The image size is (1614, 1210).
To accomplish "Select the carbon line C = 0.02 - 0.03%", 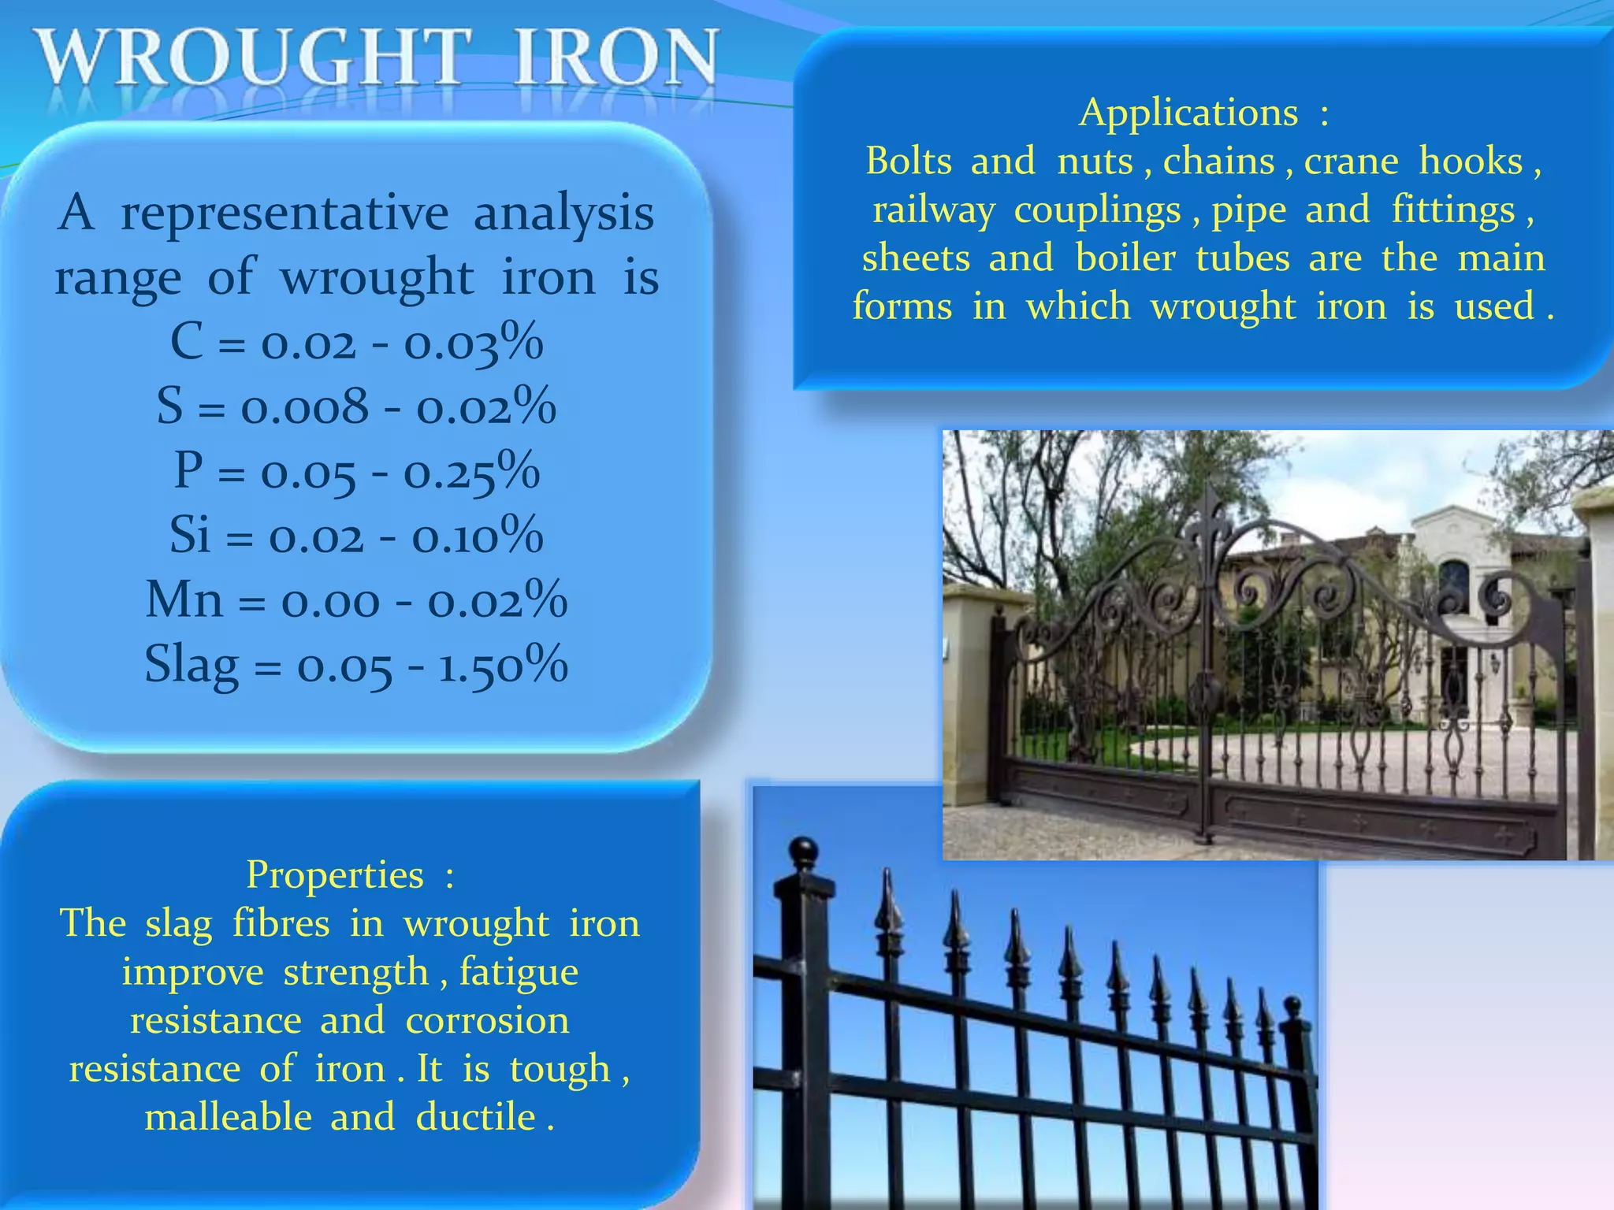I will pyautogui.click(x=357, y=343).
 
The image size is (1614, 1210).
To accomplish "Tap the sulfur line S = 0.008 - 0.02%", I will pyautogui.click(x=357, y=406).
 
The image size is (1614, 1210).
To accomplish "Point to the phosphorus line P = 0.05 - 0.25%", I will pyautogui.click(x=357, y=471).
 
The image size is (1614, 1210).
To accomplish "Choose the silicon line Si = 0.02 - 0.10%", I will pyautogui.click(x=357, y=536).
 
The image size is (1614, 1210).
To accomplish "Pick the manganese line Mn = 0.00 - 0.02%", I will pyautogui.click(x=357, y=600).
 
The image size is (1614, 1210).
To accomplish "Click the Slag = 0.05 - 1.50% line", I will pyautogui.click(x=357, y=664).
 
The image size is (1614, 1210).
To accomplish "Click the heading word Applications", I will pyautogui.click(x=1188, y=113).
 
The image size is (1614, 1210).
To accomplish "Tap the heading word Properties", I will pyautogui.click(x=335, y=874).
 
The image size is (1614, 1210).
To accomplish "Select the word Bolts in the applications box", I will pyautogui.click(x=909, y=161).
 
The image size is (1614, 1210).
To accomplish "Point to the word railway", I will pyautogui.click(x=933, y=211).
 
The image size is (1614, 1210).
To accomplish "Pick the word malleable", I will pyautogui.click(x=229, y=1117).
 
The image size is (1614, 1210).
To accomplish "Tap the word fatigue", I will pyautogui.click(x=519, y=972).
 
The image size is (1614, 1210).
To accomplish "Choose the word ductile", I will pyautogui.click(x=476, y=1117).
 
